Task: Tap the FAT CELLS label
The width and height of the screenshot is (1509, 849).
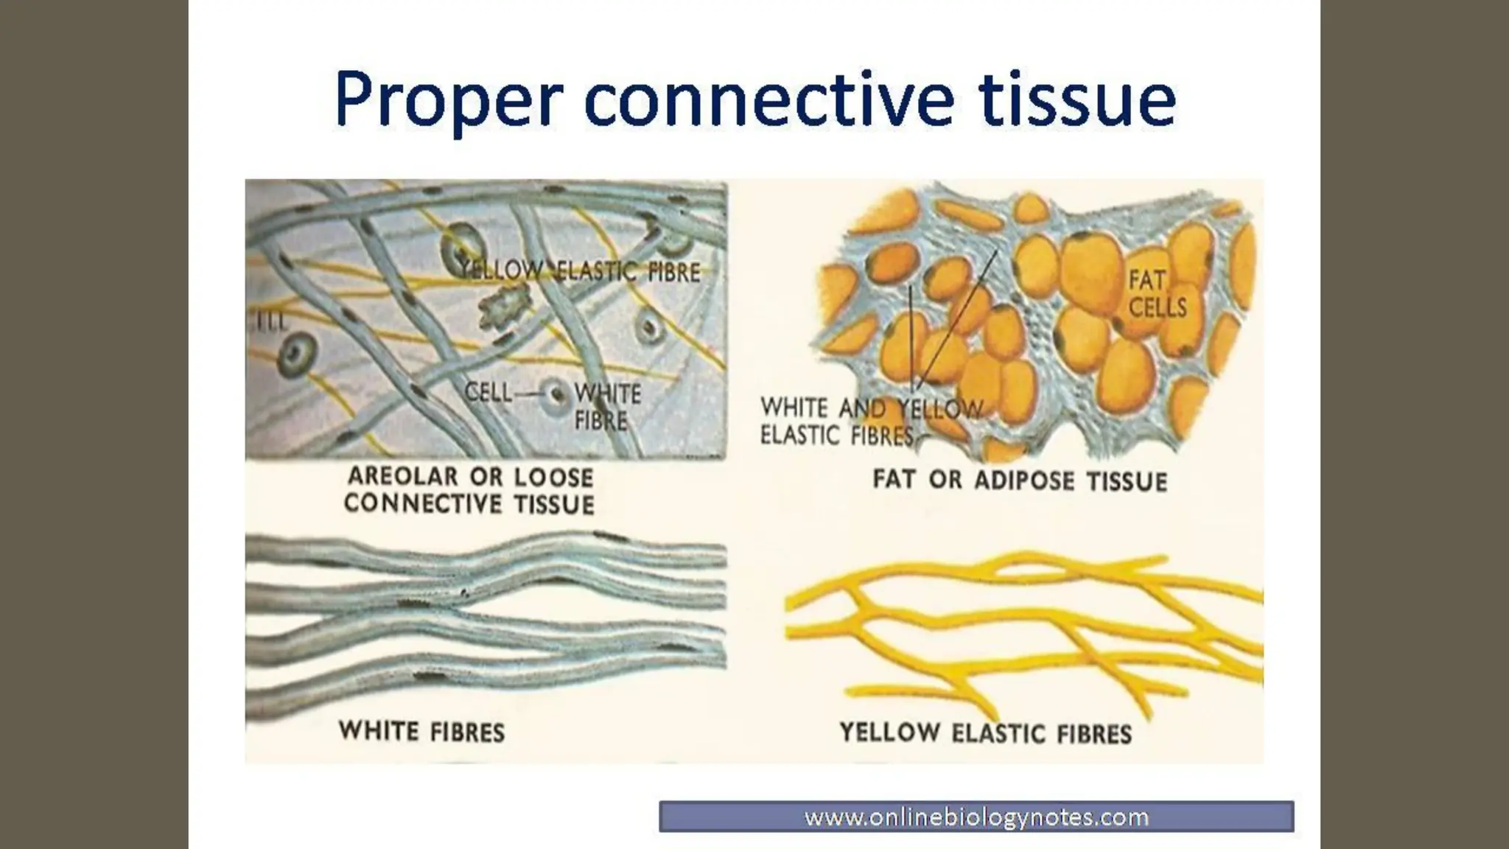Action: click(1157, 293)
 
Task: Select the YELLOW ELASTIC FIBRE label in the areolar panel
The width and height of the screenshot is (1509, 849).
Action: click(579, 271)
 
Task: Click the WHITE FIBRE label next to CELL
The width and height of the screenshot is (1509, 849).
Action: click(606, 407)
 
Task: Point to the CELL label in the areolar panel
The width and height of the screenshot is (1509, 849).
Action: click(488, 392)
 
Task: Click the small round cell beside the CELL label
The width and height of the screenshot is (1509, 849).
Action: click(555, 394)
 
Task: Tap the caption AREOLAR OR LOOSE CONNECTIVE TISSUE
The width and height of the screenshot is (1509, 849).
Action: click(469, 490)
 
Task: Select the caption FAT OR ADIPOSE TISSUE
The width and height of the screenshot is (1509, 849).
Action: click(1020, 481)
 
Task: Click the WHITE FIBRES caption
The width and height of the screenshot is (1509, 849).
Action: click(421, 732)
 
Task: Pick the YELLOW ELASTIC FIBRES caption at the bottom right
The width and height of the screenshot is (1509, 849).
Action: click(986, 733)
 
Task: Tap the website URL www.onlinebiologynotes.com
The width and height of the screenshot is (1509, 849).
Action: click(976, 817)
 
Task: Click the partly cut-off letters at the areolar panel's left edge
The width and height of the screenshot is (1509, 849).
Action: click(270, 323)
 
